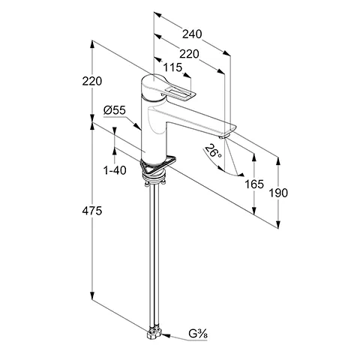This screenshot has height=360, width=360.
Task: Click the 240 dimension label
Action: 192,34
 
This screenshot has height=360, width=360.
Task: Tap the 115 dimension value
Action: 172,67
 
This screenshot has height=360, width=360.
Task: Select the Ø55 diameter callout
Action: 115,110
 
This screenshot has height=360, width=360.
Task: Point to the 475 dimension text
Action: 92,211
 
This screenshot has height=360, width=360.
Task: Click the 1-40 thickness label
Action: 115,170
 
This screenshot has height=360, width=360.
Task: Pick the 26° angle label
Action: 212,151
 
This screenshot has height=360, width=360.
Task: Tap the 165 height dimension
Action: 254,184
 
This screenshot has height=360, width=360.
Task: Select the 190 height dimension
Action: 278,193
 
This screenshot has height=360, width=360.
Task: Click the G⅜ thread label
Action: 198,334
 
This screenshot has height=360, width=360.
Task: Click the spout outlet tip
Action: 224,136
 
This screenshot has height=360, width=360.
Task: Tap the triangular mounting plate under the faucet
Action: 158,166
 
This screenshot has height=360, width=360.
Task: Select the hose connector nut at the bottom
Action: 155,332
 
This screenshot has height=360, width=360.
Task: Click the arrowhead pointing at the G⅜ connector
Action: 166,335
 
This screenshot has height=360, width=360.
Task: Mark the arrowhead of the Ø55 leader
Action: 137,126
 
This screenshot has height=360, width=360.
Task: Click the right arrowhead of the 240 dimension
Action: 226,52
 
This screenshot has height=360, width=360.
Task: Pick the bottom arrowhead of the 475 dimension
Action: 92,295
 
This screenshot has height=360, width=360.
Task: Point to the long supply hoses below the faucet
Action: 155,255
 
